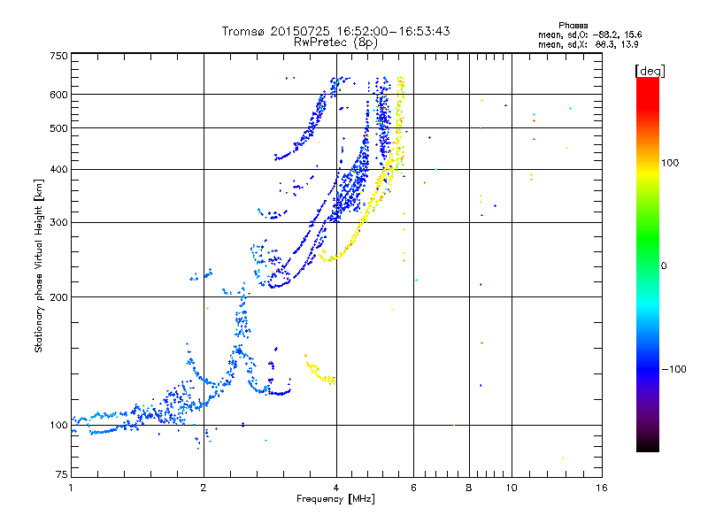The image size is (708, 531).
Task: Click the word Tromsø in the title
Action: click(x=243, y=31)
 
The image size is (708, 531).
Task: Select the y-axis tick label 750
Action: click(x=58, y=55)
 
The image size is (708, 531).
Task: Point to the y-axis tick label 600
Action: click(x=58, y=95)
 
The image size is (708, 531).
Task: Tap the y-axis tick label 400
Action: click(x=58, y=169)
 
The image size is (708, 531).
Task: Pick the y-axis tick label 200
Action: click(x=58, y=297)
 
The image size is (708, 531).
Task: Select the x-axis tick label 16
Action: click(x=601, y=488)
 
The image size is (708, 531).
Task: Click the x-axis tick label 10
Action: click(x=511, y=488)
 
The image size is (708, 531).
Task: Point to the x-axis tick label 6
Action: click(x=413, y=488)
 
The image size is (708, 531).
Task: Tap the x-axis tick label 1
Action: click(x=71, y=488)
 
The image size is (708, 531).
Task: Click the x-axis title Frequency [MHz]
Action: click(x=336, y=499)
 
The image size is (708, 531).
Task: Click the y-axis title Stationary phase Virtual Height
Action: click(x=39, y=265)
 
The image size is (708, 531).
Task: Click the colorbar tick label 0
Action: click(x=665, y=265)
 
